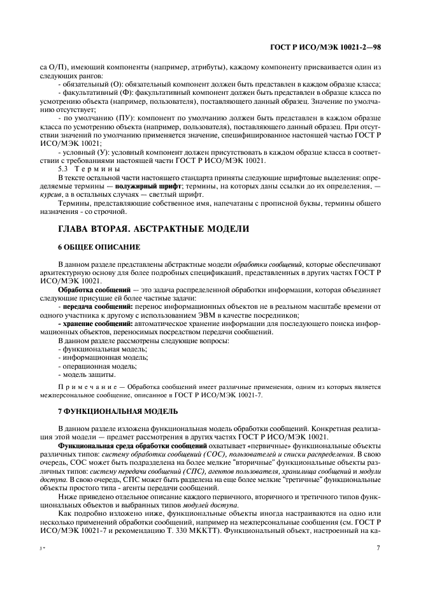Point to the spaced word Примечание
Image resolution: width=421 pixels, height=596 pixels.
pos(87,387)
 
